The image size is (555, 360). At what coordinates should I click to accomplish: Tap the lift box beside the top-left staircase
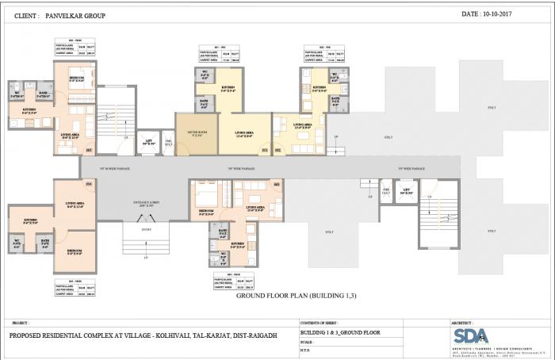[148, 141]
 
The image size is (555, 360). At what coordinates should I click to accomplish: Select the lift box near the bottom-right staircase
[405, 192]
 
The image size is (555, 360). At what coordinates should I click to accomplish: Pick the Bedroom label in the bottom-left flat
[74, 251]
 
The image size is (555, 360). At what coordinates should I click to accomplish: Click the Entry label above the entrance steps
[145, 229]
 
